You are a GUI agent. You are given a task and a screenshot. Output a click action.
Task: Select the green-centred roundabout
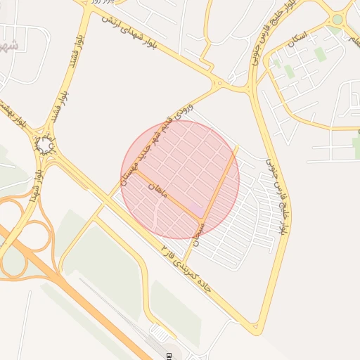point(337,20)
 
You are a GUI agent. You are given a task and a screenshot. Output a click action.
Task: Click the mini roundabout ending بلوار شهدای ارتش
point(219,85)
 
